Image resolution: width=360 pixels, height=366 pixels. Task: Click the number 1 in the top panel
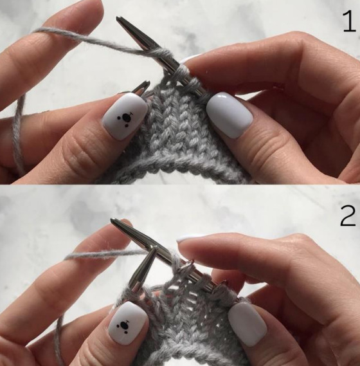(x=349, y=22)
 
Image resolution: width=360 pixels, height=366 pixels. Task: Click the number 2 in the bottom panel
(x=348, y=215)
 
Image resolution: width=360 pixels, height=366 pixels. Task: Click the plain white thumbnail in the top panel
(x=230, y=114)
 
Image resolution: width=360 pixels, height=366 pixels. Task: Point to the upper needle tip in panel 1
(x=118, y=18)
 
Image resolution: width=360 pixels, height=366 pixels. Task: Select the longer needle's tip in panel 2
(x=113, y=220)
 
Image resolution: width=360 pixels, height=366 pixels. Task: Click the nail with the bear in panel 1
(x=125, y=116)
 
